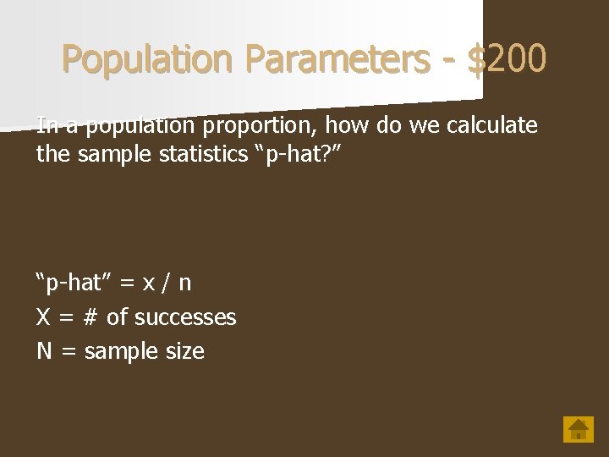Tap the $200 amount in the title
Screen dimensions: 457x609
pos(507,59)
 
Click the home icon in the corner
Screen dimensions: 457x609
pos(579,428)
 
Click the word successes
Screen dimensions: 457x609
pos(185,317)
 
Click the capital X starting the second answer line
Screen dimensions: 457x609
pos(43,317)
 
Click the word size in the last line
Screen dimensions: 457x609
pos(185,351)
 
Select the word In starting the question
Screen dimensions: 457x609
pos(47,126)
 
